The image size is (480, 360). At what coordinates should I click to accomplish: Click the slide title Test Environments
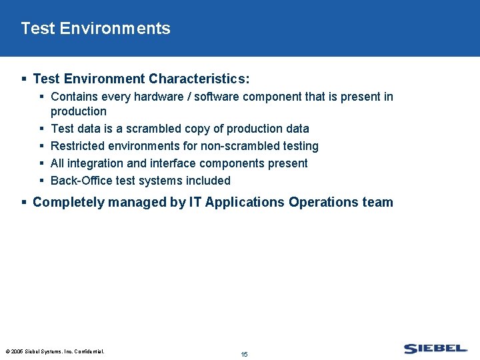95,29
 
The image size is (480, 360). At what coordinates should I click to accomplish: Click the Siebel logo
435,348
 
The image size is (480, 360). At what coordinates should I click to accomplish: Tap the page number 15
244,354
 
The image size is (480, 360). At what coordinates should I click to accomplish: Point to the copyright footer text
55,351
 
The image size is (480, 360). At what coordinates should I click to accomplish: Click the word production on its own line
78,111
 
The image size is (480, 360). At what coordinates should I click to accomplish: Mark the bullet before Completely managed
24,202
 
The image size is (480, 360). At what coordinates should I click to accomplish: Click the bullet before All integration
42,163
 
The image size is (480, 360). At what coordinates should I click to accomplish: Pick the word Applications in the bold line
245,202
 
